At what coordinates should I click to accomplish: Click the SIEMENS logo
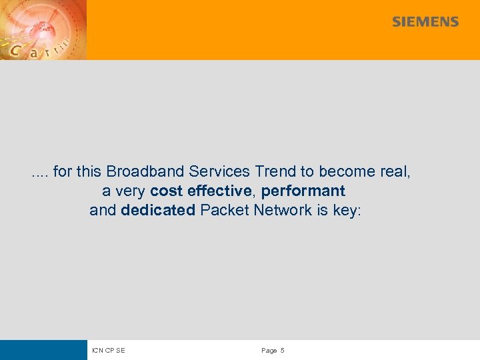(x=425, y=22)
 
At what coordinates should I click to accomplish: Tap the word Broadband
(x=138, y=171)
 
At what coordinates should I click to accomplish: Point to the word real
(x=395, y=171)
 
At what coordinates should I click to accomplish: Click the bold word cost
(x=167, y=191)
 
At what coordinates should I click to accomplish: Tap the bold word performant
(x=303, y=191)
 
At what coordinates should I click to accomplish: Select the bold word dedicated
(x=158, y=211)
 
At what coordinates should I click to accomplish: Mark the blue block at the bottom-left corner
(x=43, y=350)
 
